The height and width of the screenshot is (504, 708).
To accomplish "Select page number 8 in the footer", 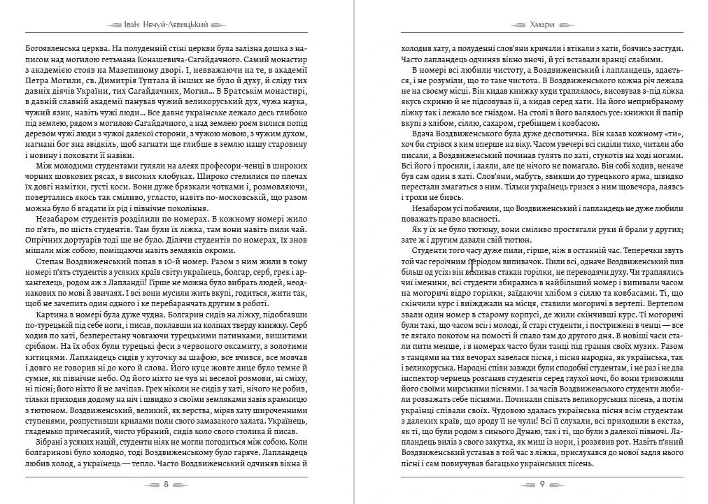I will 165,484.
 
